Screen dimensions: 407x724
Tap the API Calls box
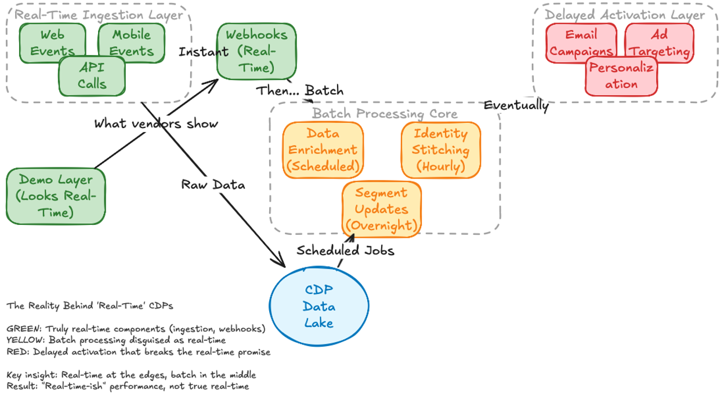pos(92,76)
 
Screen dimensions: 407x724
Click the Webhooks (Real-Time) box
pos(256,51)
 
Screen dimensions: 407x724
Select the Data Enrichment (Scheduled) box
pos(323,150)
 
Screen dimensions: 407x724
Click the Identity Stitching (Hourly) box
pos(440,150)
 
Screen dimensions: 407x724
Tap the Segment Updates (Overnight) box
pos(381,209)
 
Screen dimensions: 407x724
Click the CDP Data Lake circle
pos(319,306)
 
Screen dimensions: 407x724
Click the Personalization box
pos(621,76)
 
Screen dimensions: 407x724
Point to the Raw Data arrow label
pos(213,184)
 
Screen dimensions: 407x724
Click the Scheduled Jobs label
pos(345,250)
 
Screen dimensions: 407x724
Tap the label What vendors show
pos(156,123)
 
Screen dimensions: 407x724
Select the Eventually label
pos(516,105)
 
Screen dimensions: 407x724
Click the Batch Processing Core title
pos(385,114)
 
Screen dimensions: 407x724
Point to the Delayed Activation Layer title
pos(625,15)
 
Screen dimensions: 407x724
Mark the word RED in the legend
pos(15,351)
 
